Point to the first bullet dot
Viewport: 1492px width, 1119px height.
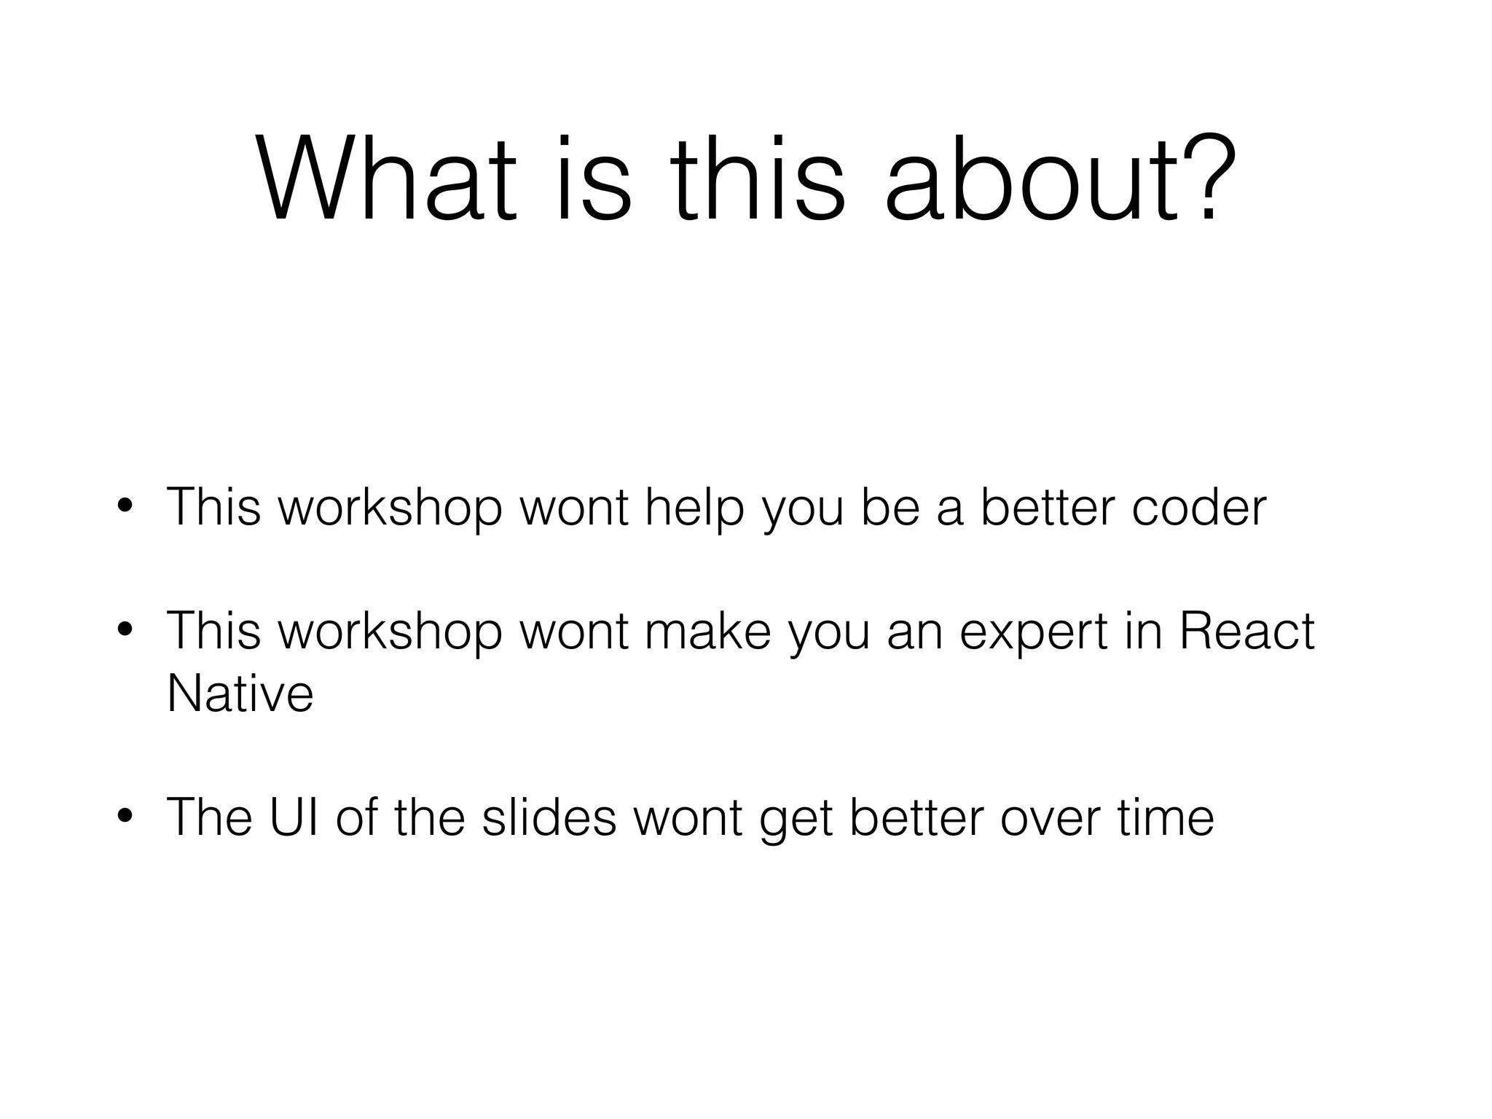[125, 507]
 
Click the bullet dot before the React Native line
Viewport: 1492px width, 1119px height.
[125, 631]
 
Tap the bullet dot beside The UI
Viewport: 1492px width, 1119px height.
[125, 817]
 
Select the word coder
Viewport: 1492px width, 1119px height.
[1199, 507]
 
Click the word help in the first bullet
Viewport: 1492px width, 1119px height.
[694, 507]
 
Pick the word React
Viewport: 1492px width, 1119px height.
[1246, 631]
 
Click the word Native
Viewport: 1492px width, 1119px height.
[240, 693]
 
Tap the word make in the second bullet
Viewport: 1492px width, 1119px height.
[707, 631]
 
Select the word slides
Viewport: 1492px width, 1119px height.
[549, 817]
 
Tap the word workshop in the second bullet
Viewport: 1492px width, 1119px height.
[390, 631]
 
